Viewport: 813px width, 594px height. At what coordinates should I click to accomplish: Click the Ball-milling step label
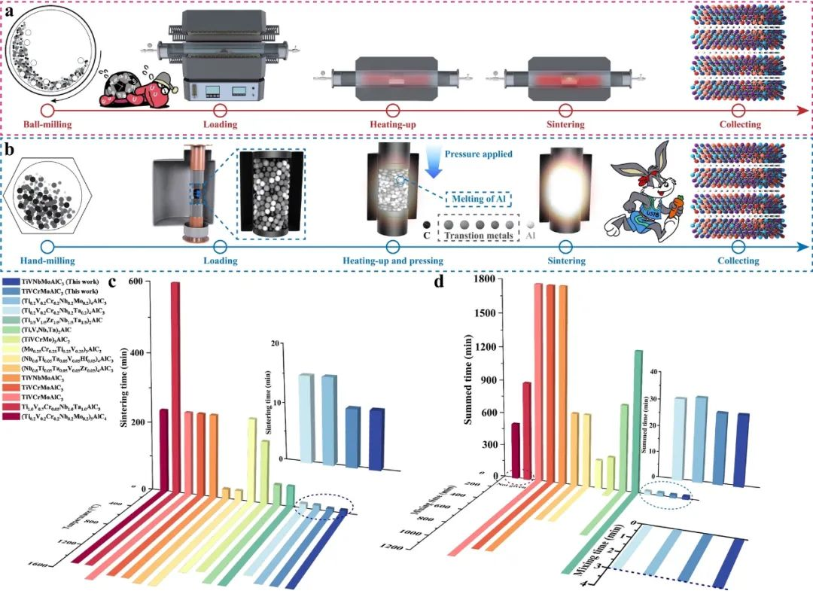tap(48, 124)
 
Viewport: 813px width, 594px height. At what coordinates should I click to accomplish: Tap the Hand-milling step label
tap(47, 260)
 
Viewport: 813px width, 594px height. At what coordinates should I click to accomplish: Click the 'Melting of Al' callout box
tap(480, 199)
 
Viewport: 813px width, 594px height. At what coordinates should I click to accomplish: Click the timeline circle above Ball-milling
tap(48, 109)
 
